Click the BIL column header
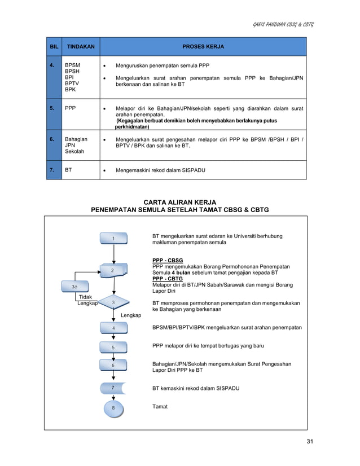click(x=54, y=46)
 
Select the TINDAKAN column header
click(x=81, y=46)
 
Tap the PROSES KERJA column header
click(x=203, y=46)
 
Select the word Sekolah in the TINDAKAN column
click(x=74, y=152)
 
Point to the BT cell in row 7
click(x=68, y=168)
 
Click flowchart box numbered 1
click(x=113, y=239)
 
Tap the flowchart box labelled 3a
click(x=75, y=287)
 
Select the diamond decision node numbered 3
click(x=113, y=303)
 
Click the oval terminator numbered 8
click(x=113, y=408)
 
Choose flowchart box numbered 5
click(x=113, y=348)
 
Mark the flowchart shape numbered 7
click(x=113, y=388)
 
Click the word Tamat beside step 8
click(x=160, y=406)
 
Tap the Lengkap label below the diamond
click(x=131, y=315)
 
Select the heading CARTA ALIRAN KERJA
click(x=180, y=202)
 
